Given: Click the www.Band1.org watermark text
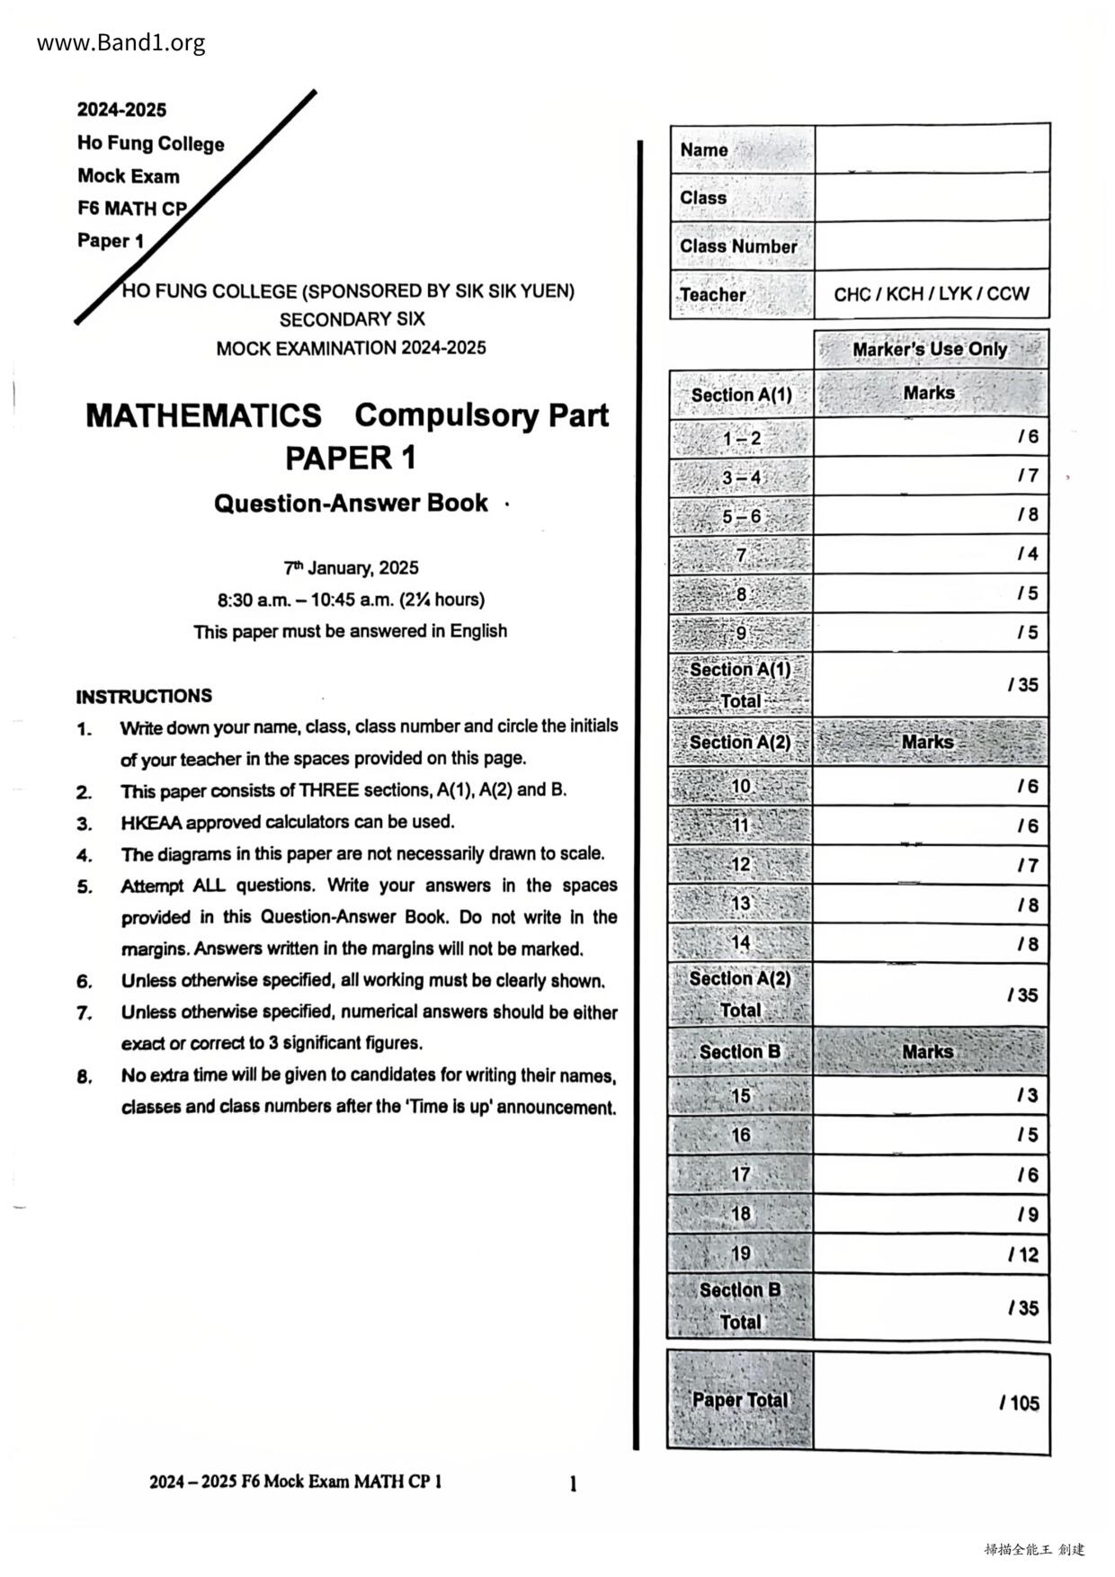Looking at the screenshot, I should point(120,42).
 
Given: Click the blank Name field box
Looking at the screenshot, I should point(932,149).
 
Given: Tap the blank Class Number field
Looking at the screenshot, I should point(932,245).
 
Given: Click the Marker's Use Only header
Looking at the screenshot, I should point(930,349).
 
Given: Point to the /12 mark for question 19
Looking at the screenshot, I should point(1023,1254).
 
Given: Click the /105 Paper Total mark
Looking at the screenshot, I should point(1020,1403).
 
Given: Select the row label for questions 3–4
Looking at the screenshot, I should point(742,477).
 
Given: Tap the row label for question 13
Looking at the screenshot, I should point(741,904).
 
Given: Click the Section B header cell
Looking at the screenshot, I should point(740,1052).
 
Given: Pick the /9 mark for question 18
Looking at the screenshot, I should point(1027,1215).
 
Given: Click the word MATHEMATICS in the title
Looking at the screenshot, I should point(203,415).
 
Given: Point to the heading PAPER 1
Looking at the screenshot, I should point(351,459).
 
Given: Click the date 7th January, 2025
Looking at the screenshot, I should point(351,568).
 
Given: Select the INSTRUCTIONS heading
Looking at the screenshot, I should point(144,696).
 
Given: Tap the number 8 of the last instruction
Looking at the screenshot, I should point(84,1076).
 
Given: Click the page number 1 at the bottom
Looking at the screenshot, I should point(573,1483).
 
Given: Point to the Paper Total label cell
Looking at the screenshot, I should point(740,1400).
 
